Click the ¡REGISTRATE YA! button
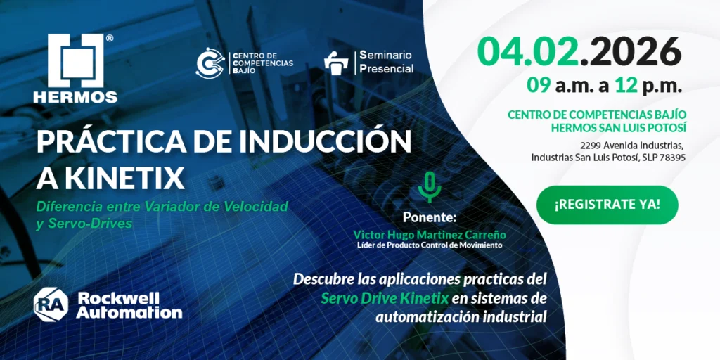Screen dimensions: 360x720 pos(607,205)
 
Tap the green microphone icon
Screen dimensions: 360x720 pos(429,187)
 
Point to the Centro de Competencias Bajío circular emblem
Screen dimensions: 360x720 pos(209,62)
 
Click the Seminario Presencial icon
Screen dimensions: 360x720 pos(337,63)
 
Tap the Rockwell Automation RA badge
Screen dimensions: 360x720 pos(51,303)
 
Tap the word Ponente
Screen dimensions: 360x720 pos(430,217)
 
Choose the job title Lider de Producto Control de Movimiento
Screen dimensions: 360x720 pos(430,245)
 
